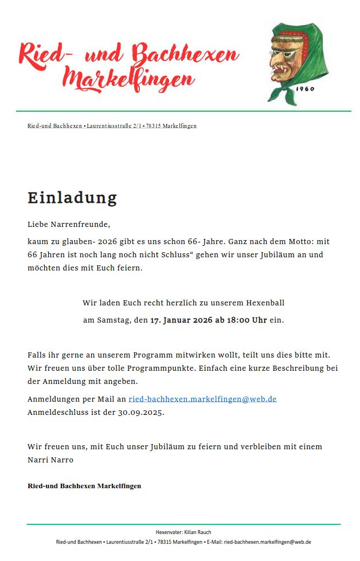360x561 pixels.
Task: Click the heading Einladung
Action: click(x=72, y=198)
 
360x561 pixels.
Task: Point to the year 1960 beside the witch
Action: click(x=305, y=89)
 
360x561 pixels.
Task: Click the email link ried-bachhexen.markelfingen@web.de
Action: click(x=202, y=399)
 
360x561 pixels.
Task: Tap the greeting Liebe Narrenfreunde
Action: click(x=69, y=224)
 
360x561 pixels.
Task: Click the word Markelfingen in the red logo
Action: click(x=129, y=79)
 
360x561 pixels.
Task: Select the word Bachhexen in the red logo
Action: click(x=185, y=55)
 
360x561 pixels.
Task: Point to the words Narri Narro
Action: click(x=50, y=460)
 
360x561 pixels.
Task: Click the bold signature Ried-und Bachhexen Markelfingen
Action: click(x=84, y=486)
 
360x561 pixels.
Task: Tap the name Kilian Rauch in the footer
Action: click(x=198, y=532)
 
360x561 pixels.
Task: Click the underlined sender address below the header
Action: click(x=112, y=125)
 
